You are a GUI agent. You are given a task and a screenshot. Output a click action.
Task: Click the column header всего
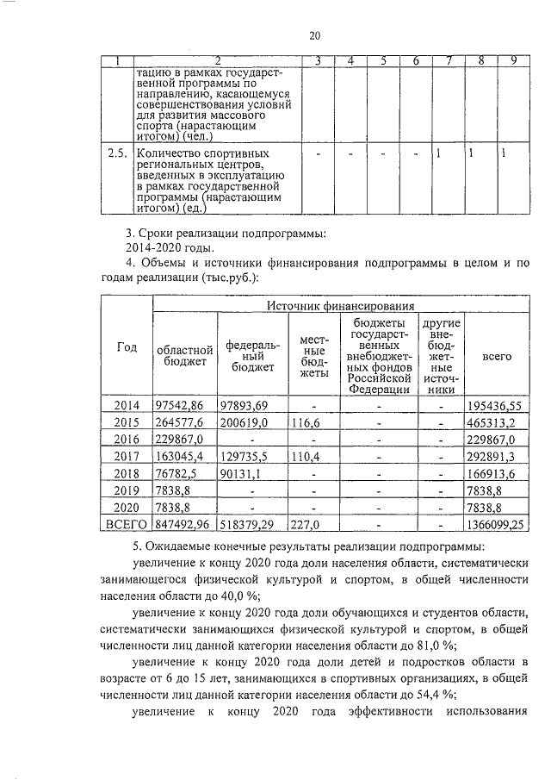[x=497, y=354]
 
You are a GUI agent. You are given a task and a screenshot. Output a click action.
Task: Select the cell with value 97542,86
[x=182, y=404]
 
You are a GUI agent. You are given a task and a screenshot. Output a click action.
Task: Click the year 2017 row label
[x=127, y=457]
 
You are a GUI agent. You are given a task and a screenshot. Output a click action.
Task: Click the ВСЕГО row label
[x=127, y=523]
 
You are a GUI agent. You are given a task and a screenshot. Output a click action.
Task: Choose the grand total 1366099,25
[x=498, y=523]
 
